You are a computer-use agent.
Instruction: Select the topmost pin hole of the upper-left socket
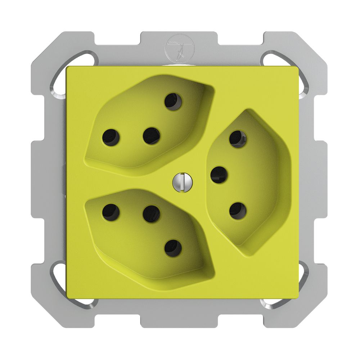(173, 100)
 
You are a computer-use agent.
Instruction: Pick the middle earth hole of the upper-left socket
(151, 136)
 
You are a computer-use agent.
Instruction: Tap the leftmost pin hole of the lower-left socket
(111, 212)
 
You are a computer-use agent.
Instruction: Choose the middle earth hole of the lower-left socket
(151, 214)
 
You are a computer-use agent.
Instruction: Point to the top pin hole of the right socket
(238, 139)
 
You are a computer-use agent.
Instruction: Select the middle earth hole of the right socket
(219, 175)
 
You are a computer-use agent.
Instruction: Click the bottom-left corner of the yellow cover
(67, 297)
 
